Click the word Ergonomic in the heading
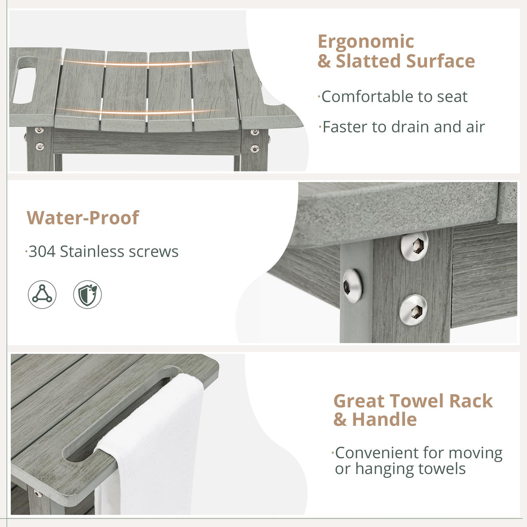click(366, 42)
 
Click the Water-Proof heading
click(82, 218)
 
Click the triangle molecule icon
click(42, 294)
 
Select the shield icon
click(87, 294)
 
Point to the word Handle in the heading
click(384, 420)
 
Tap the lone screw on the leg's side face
click(352, 286)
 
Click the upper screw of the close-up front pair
click(414, 246)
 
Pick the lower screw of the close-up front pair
click(413, 310)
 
